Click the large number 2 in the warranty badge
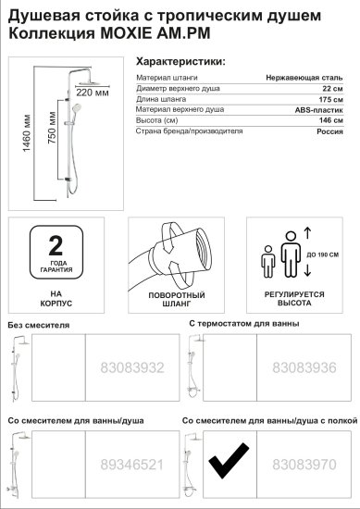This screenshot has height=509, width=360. point(56,246)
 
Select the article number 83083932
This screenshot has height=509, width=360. point(131,368)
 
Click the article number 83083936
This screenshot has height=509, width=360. point(307,368)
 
